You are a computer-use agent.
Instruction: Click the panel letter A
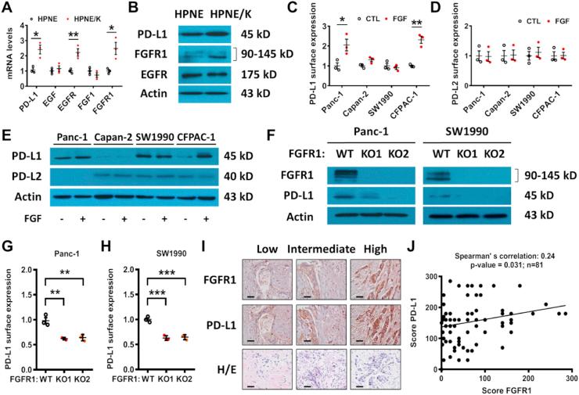6,8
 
